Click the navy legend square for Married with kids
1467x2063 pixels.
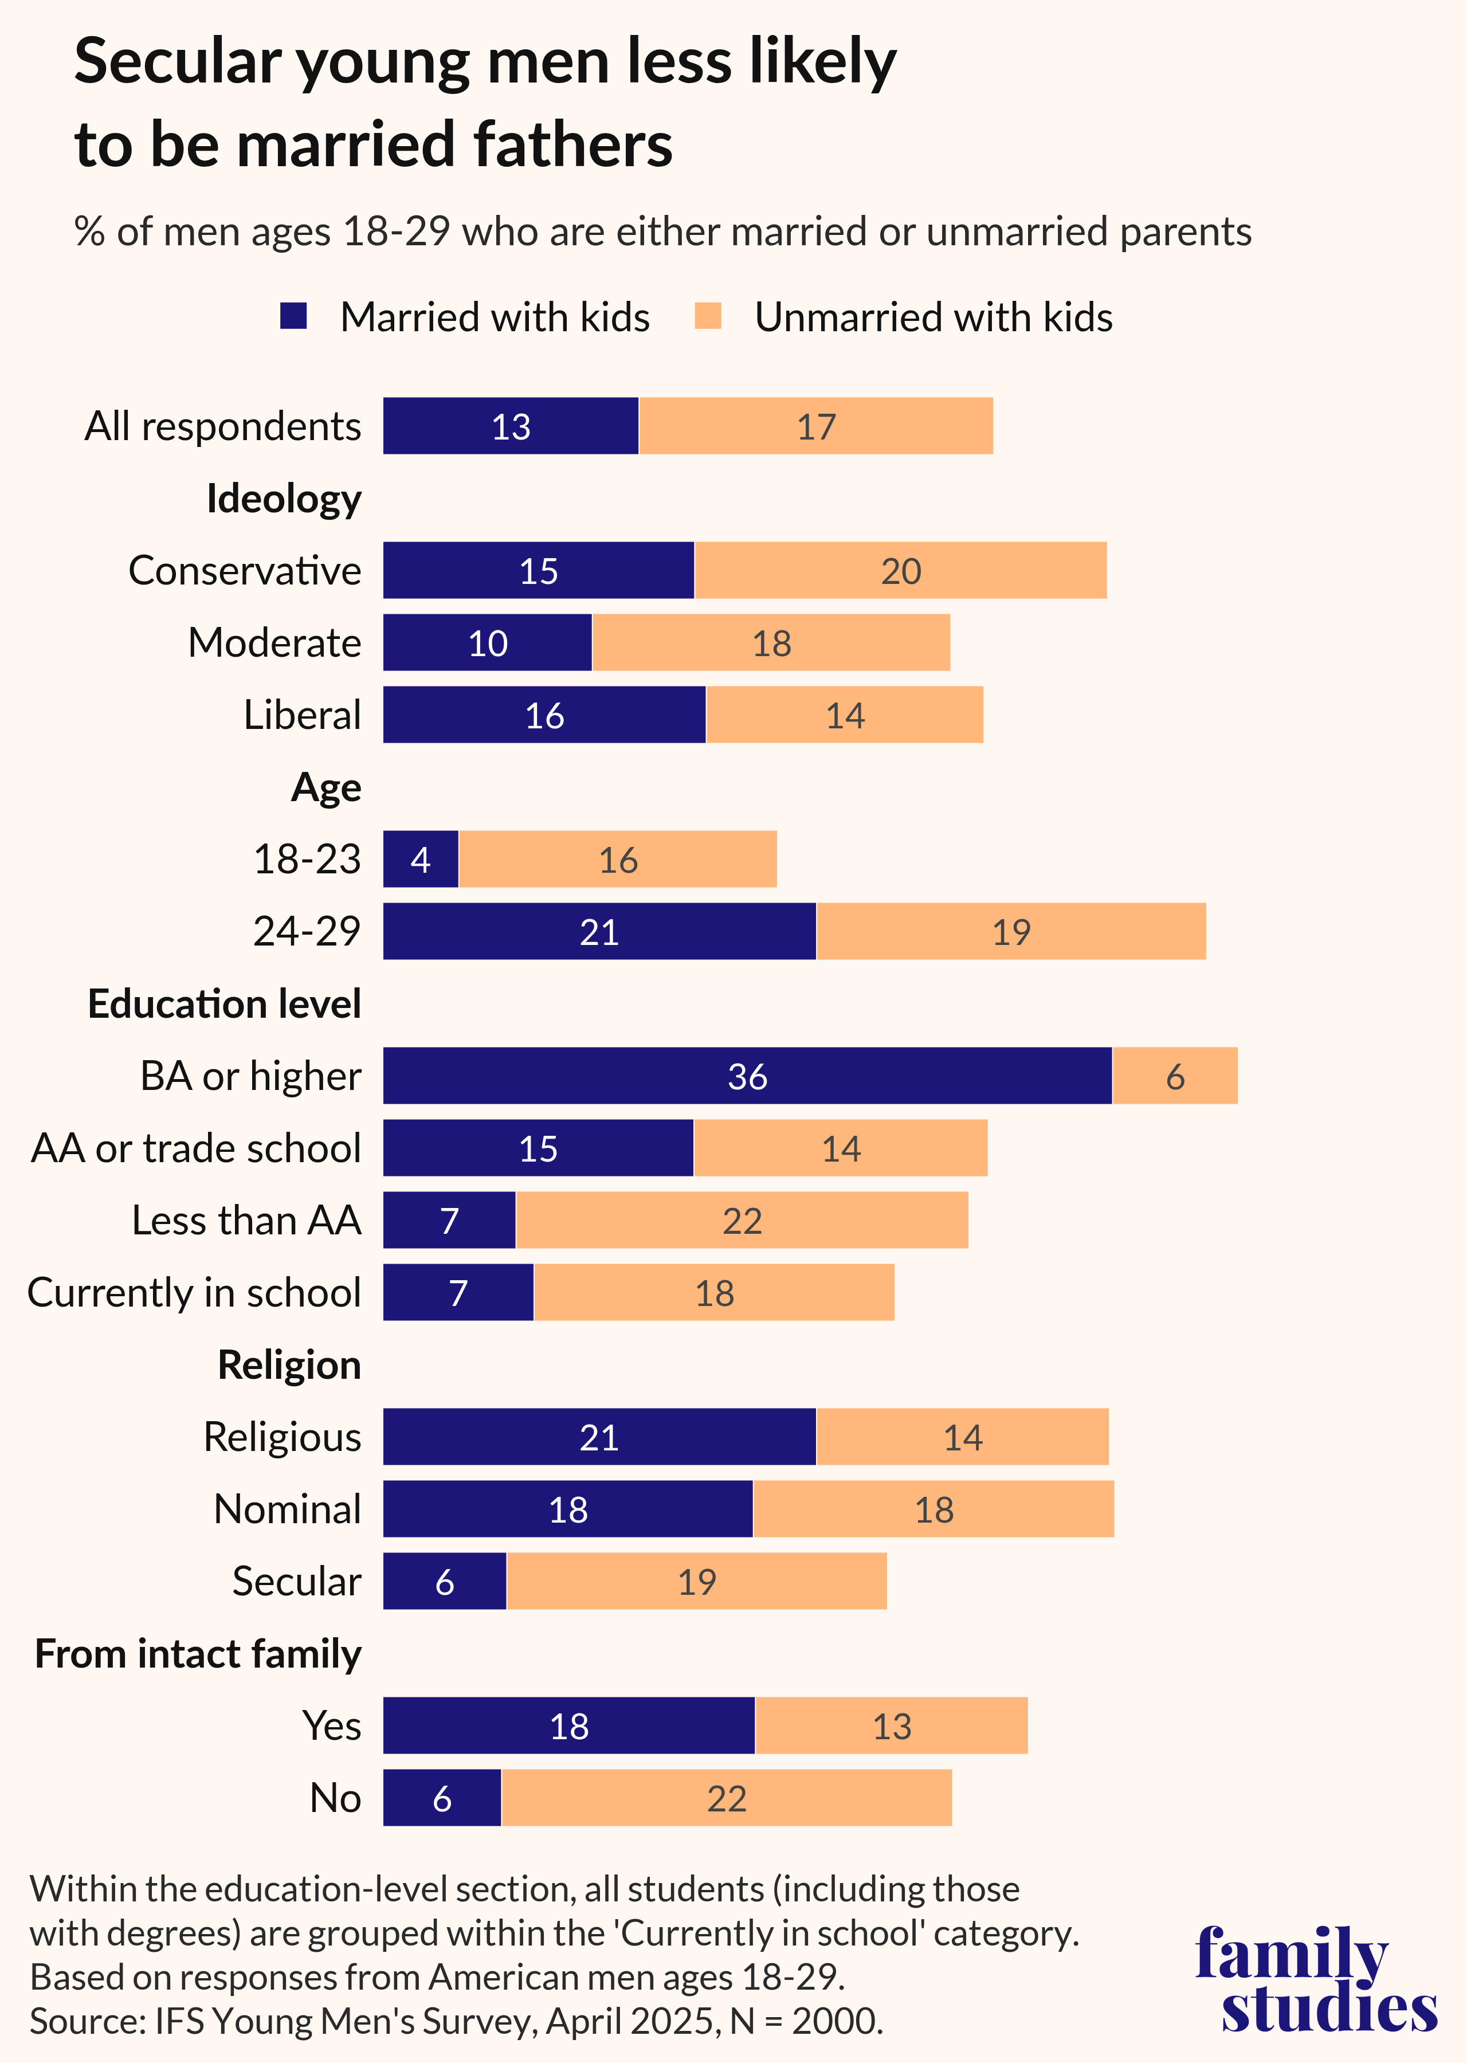click(x=293, y=316)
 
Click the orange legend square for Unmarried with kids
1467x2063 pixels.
click(x=708, y=316)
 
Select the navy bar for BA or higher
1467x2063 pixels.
click(x=747, y=1076)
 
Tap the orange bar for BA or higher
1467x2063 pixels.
click(x=1174, y=1076)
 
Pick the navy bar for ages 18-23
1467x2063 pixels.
click(x=421, y=859)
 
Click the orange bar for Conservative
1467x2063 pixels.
click(x=901, y=570)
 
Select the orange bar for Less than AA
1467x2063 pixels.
click(x=742, y=1220)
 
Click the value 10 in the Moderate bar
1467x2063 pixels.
click(x=488, y=643)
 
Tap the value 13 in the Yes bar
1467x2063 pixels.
click(x=892, y=1726)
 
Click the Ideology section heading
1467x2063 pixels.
click(x=284, y=499)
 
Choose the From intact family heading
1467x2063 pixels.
click(x=198, y=1654)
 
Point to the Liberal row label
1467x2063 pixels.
click(x=302, y=715)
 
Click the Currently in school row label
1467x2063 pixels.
click(x=194, y=1293)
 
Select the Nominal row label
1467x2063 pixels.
click(x=287, y=1509)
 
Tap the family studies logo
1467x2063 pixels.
click(x=1315, y=1978)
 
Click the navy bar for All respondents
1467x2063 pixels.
click(x=511, y=425)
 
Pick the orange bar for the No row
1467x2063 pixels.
click(x=726, y=1798)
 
